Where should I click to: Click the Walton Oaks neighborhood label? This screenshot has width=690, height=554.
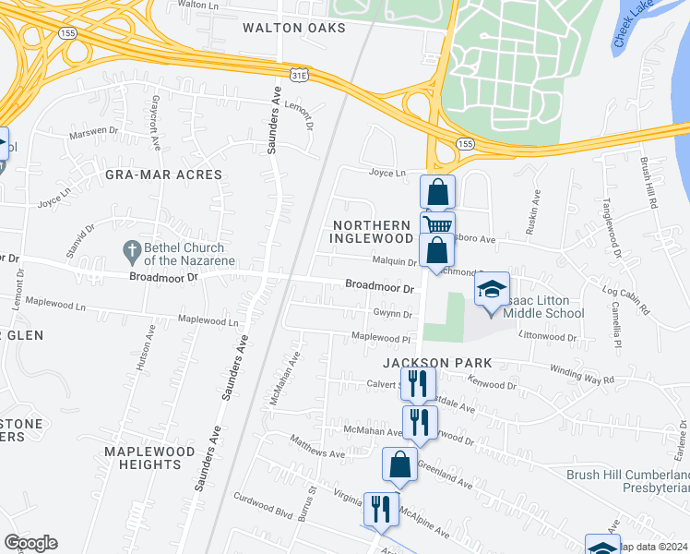[x=293, y=28]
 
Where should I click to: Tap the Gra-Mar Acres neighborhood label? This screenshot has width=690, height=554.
[x=163, y=175]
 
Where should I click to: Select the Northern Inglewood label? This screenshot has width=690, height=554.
[x=371, y=232]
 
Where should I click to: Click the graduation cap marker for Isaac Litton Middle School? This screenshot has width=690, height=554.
[x=493, y=289]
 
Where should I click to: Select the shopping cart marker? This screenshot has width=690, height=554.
[x=438, y=226]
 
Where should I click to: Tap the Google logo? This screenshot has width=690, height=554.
[x=30, y=543]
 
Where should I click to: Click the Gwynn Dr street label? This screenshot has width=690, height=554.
[x=392, y=314]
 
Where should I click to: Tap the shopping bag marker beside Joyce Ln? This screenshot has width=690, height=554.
[x=438, y=193]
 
